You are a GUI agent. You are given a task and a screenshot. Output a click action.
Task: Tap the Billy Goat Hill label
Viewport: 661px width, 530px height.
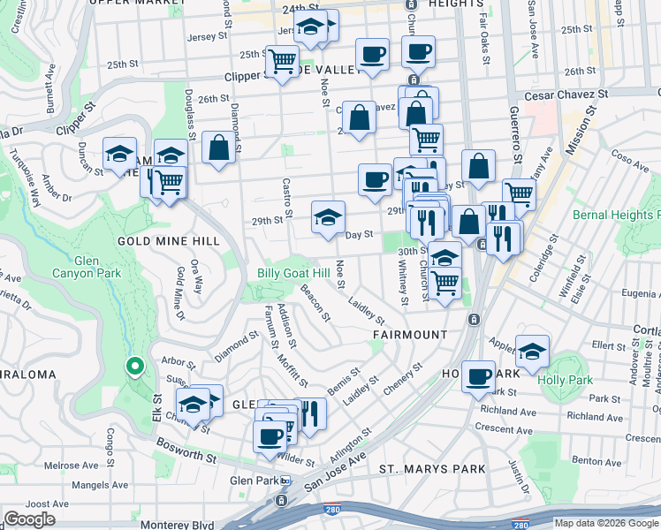point(293,273)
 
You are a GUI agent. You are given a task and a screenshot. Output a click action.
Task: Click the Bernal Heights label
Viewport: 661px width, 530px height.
point(616,215)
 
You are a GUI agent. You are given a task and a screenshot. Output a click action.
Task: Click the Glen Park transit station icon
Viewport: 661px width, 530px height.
point(285,480)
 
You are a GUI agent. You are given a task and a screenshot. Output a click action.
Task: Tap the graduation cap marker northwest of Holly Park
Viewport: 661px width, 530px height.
point(532,351)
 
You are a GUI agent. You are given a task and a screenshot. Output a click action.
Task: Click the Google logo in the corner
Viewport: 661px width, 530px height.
point(29,519)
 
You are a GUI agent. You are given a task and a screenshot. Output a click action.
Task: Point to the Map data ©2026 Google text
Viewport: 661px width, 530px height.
point(606,523)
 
